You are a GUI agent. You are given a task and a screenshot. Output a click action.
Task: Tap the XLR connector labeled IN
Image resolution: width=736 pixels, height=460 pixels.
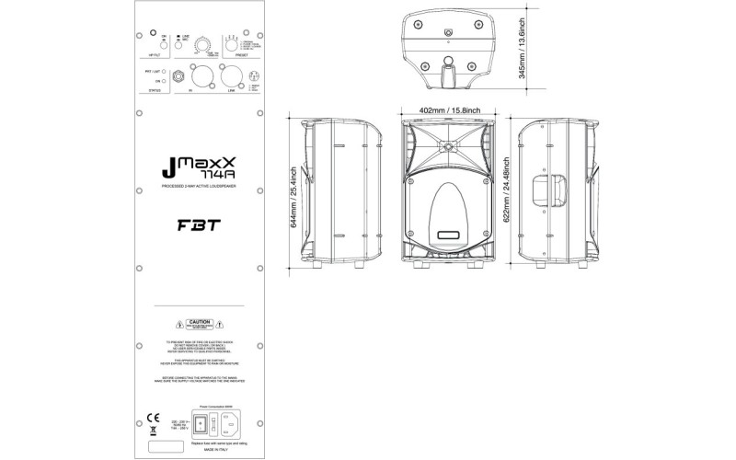(x=196, y=76)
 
